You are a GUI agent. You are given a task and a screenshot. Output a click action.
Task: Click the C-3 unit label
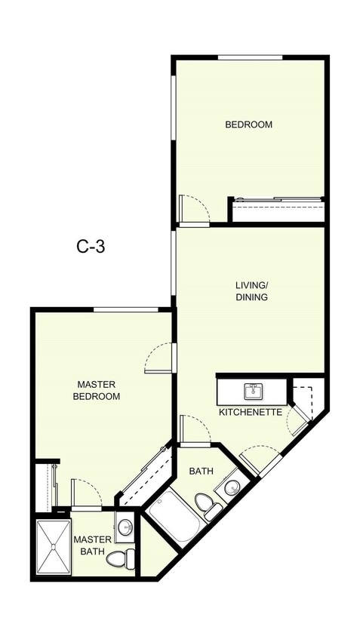coord(91,247)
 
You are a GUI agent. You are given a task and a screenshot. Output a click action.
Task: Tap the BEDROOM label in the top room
coord(248,124)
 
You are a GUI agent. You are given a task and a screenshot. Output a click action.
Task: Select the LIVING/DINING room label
coord(251,291)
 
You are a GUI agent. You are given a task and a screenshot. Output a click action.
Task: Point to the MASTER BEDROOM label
coord(97,389)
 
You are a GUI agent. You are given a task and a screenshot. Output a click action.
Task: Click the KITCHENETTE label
coord(251,413)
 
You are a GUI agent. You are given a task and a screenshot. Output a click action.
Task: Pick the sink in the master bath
coord(125,527)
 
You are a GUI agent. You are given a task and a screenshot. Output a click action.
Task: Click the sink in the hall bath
coord(232,487)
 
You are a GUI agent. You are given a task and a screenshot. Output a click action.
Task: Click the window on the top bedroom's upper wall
coord(250,57)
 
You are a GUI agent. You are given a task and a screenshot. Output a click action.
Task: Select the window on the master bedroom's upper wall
coord(125,309)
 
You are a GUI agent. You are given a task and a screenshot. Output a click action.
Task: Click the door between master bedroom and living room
coord(159,358)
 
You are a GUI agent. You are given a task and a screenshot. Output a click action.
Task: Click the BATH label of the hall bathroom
coord(201,471)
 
